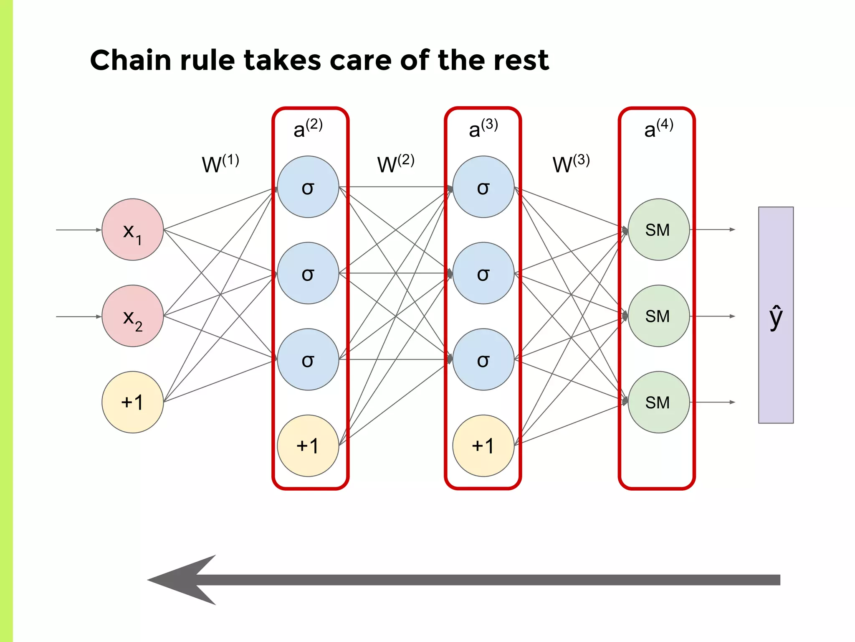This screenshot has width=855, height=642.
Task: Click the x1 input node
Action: [132, 229]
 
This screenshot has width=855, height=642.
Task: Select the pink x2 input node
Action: [132, 316]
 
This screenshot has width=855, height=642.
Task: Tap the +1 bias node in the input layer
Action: [132, 402]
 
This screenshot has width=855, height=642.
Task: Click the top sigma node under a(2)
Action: [308, 187]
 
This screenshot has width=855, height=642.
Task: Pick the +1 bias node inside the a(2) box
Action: [308, 446]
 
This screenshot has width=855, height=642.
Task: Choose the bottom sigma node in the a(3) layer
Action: [483, 359]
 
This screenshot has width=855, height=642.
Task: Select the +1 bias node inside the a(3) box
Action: [483, 446]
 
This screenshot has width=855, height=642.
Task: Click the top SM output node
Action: [658, 229]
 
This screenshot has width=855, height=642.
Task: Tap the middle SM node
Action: [658, 316]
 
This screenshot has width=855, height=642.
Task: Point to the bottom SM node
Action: [658, 402]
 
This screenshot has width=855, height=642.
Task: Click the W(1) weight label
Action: [220, 163]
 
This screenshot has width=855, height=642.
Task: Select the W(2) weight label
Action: [395, 163]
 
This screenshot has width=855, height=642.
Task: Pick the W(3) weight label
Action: [571, 163]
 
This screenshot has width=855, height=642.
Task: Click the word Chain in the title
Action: [130, 60]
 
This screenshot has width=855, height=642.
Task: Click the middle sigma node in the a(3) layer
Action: [483, 273]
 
